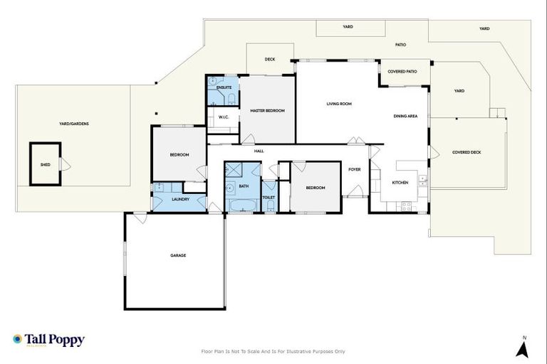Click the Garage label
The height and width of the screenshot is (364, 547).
coord(178,255)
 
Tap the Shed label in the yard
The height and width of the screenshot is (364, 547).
coord(45,164)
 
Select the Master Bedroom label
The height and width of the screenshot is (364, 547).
coord(267,111)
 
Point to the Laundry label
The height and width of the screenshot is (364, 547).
coord(180,199)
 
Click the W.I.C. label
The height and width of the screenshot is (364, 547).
coord(223,117)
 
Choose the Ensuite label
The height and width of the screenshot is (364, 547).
coord(224,87)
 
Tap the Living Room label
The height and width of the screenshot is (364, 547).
coord(339,104)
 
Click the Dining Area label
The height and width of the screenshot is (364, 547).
coord(405,116)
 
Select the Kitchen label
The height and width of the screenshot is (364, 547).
coord(400,183)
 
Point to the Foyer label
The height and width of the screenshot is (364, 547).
coord(354,169)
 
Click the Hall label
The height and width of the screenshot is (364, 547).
coord(259,151)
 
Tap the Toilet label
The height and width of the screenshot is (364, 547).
coord(269,197)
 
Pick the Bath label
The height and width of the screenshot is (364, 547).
coord(244,186)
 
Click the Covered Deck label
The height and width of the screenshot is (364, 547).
coord(467,152)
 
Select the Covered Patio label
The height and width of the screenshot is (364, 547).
coord(402,72)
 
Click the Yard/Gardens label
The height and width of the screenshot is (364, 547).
coord(73,124)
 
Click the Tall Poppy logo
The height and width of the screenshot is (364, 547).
coord(48,340)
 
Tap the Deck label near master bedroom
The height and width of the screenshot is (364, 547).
coord(270,60)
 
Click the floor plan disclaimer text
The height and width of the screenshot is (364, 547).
coord(274,351)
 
